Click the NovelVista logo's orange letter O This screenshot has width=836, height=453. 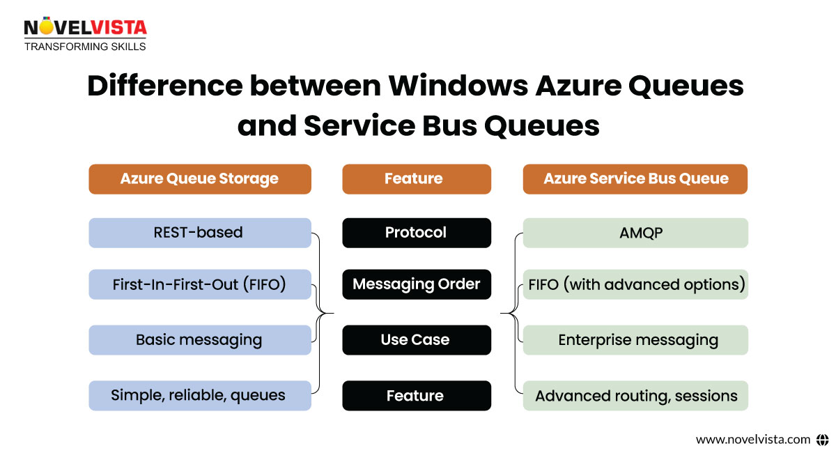[x=46, y=26]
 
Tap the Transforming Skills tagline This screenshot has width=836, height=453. [x=85, y=47]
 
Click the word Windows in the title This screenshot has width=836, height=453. [x=458, y=86]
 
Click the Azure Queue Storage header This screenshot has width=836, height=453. [x=200, y=179]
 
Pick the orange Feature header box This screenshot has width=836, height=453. [x=417, y=179]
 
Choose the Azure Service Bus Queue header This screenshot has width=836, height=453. [x=635, y=179]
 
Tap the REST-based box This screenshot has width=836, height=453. [x=200, y=233]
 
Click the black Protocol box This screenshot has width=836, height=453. [x=417, y=233]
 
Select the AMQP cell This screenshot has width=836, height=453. [x=635, y=233]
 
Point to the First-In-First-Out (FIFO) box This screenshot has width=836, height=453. [x=200, y=284]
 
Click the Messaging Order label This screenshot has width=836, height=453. [x=417, y=284]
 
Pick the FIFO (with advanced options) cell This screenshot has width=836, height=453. [x=635, y=284]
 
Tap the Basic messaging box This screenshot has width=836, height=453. [x=200, y=340]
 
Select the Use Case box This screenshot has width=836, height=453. [x=417, y=340]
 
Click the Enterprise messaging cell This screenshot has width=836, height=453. [x=635, y=340]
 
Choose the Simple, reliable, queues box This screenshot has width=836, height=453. [x=200, y=395]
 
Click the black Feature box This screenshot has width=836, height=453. [x=417, y=395]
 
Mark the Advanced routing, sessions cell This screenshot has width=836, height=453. [x=635, y=395]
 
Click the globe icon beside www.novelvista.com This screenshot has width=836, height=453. [x=822, y=440]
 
